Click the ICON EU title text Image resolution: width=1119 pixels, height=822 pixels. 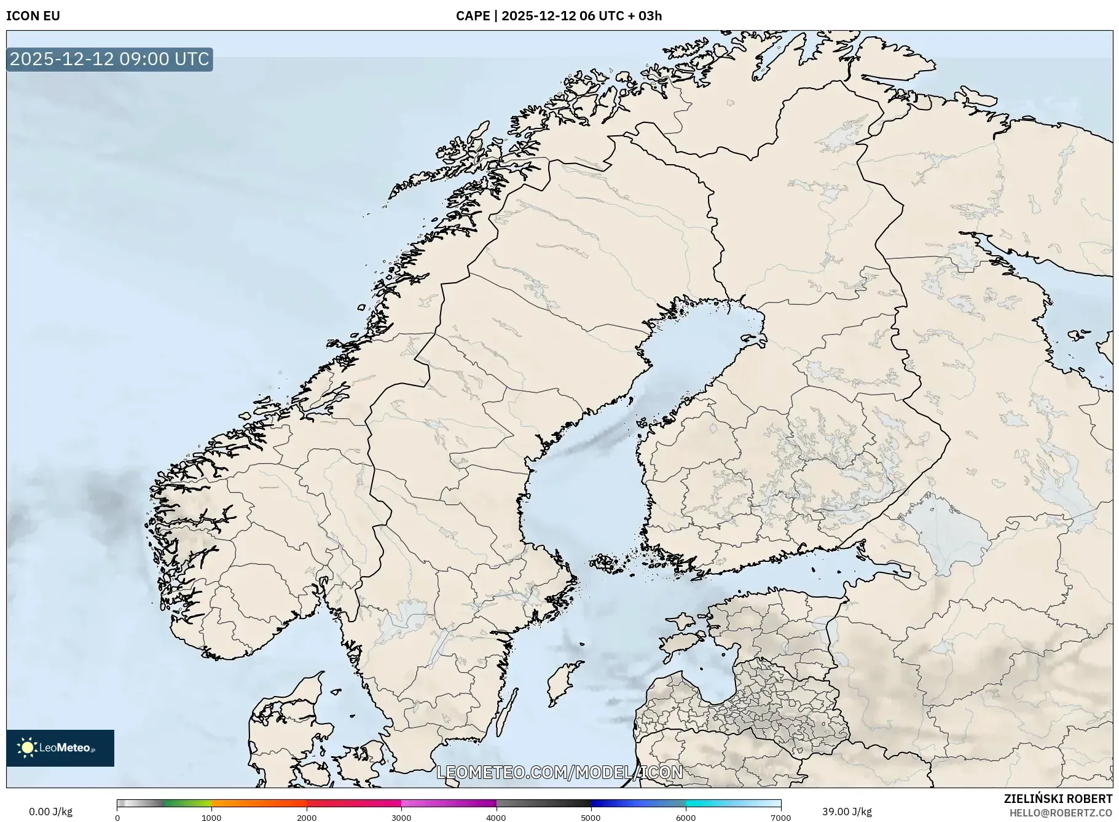pyautogui.click(x=33, y=16)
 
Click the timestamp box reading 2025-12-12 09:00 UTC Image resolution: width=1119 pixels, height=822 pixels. pyautogui.click(x=109, y=59)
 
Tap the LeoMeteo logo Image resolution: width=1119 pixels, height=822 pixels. pyautogui.click(x=60, y=748)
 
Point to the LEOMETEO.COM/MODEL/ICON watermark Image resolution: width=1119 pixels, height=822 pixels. pyautogui.click(x=559, y=772)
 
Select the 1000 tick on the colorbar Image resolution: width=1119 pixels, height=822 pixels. pyautogui.click(x=211, y=817)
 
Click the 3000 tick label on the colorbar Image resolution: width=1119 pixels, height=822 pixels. pyautogui.click(x=401, y=817)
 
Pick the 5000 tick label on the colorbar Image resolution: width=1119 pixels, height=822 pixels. pyautogui.click(x=591, y=817)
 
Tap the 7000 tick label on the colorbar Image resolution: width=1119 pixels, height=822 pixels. pyautogui.click(x=780, y=817)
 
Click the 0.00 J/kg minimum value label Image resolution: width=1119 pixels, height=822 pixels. pyautogui.click(x=50, y=812)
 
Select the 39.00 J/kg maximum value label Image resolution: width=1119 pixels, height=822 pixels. pyautogui.click(x=847, y=812)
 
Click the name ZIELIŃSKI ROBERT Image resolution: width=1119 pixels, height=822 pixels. pyautogui.click(x=1058, y=799)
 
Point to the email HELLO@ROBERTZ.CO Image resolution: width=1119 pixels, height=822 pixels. pyautogui.click(x=1060, y=813)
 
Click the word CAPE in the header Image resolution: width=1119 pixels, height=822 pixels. pyautogui.click(x=473, y=16)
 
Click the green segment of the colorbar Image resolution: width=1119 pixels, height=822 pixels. pyautogui.click(x=187, y=803)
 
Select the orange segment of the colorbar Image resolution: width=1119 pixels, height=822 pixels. pyautogui.click(x=258, y=803)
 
